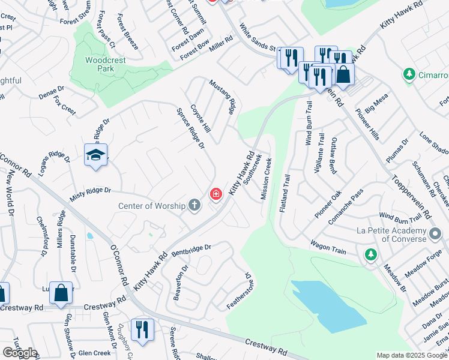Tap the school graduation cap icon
pos(96,156)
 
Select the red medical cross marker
pos(215,194)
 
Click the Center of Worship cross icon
pos(194,206)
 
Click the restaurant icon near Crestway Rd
pos(142,329)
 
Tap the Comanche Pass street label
pos(345,206)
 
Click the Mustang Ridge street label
pos(221,96)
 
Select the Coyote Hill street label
pos(200,118)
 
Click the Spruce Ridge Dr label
pos(190,128)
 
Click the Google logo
pos(20,353)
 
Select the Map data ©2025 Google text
pos(412,355)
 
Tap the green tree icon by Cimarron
pos(409,74)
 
